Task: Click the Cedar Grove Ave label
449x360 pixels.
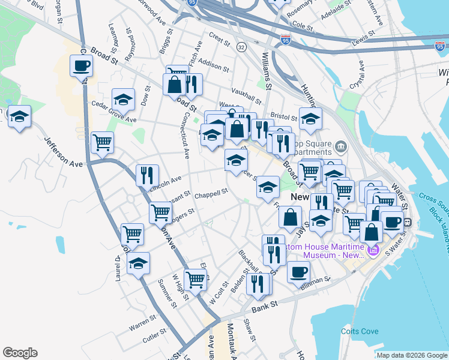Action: click(x=113, y=111)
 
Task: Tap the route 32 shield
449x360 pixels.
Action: click(x=241, y=46)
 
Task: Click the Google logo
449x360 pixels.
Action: click(x=19, y=353)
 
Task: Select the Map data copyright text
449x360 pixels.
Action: click(x=412, y=355)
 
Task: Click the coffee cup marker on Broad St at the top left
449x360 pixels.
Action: click(x=81, y=65)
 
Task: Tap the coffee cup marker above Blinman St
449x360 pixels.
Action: click(x=298, y=272)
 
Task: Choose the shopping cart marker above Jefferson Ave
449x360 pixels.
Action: click(x=103, y=142)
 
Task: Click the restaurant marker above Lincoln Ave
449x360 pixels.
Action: click(x=147, y=175)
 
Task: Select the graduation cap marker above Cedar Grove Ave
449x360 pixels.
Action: click(x=123, y=99)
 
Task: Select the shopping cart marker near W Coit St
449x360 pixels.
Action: click(x=196, y=279)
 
